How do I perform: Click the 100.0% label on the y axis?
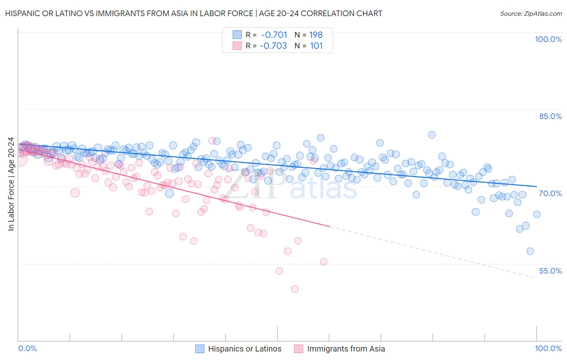(548, 39)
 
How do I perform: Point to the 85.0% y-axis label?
(550, 116)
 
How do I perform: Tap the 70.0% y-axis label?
(550, 193)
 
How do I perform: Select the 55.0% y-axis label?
(550, 271)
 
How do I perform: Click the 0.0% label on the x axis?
(27, 348)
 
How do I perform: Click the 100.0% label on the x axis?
(548, 348)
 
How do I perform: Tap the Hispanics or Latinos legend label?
(245, 349)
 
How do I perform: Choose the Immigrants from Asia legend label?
(346, 349)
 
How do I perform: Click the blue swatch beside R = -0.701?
(237, 35)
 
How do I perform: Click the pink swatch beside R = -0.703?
(237, 46)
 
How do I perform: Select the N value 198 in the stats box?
(316, 35)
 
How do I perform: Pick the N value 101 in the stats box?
(316, 46)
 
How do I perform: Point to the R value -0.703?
(273, 46)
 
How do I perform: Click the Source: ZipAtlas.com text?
(531, 13)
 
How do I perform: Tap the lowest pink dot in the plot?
(295, 289)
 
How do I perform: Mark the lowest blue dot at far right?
(530, 251)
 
